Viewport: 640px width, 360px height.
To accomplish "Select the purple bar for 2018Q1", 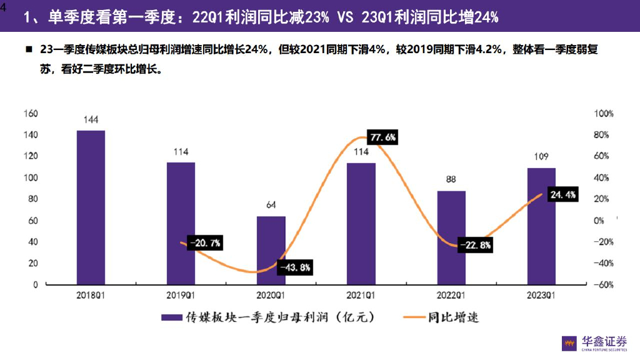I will coord(91,207).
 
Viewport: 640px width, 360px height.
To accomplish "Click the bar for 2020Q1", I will coord(271,250).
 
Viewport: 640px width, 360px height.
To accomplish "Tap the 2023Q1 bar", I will coord(541,226).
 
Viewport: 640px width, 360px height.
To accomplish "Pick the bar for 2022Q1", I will coord(451,237).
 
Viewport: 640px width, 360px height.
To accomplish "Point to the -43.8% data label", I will coord(295,267).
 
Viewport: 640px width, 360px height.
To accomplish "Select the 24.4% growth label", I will coord(562,195).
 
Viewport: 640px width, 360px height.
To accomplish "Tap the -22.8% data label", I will coord(476,246).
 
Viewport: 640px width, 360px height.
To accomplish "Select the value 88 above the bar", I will coord(451,179).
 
